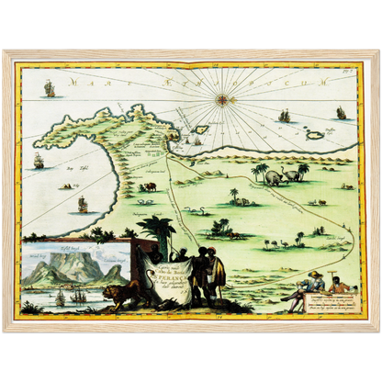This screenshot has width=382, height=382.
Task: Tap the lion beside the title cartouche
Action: pyautogui.click(x=118, y=295)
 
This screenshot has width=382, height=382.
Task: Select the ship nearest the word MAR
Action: pyautogui.click(x=50, y=88)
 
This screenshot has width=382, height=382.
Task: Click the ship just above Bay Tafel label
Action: pyautogui.click(x=39, y=160)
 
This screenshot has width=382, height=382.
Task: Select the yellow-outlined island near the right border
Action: pyautogui.click(x=315, y=135)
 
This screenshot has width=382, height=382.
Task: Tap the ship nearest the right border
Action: pyautogui.click(x=342, y=112)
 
